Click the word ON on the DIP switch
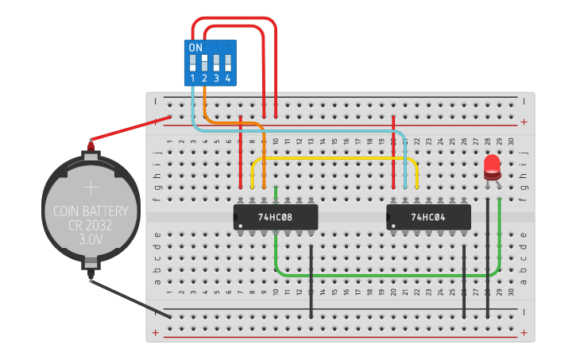pos(195,48)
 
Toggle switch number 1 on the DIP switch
pos(193,62)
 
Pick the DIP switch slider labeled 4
pos(227,62)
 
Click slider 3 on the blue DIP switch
pos(216,62)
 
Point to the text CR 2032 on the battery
pos(91,225)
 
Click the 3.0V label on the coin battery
pos(91,238)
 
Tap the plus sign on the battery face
pos(91,188)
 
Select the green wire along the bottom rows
pos(381,276)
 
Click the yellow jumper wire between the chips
pos(334,158)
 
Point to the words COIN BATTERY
pos(91,212)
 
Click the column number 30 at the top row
pos(511,141)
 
